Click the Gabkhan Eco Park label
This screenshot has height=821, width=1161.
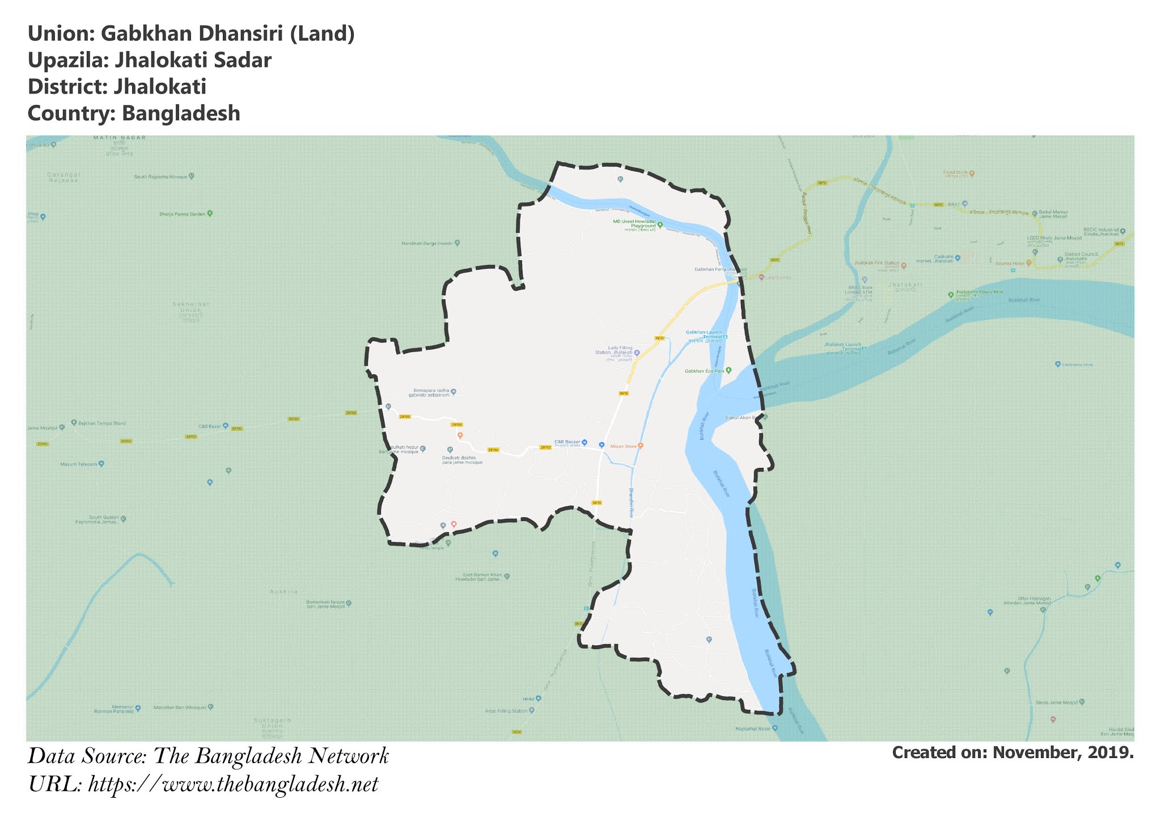tap(705, 371)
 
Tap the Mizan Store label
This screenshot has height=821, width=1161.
tap(624, 446)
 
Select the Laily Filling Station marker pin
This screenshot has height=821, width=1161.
tap(637, 353)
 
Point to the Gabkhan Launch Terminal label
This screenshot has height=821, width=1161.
tap(704, 334)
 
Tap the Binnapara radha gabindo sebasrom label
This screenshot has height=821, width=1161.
tap(431, 393)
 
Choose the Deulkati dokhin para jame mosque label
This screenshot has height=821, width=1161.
tap(462, 460)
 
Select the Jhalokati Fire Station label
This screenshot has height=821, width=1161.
tap(876, 264)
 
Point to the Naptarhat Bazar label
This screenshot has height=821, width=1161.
tap(753, 729)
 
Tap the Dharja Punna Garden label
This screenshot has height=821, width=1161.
tap(182, 214)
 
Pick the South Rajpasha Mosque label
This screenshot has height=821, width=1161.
tap(160, 177)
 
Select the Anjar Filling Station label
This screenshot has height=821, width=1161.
tap(506, 710)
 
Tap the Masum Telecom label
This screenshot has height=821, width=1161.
tap(79, 464)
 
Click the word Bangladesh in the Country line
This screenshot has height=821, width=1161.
tap(181, 113)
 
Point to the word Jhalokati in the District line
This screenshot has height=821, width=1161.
tap(160, 87)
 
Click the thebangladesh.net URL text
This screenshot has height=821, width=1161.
tap(233, 785)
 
